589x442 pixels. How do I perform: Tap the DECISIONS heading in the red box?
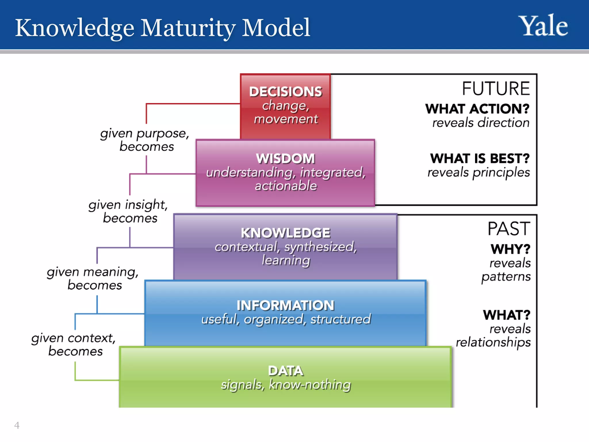pos(286,92)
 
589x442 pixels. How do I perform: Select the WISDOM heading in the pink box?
pos(286,159)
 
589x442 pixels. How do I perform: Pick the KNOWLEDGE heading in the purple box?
pos(286,233)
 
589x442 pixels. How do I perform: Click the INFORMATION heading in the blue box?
pos(286,305)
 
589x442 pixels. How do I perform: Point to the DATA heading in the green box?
pos(286,371)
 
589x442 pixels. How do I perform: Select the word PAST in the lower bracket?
pos(509,229)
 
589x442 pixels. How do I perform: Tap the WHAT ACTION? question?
pos(477,109)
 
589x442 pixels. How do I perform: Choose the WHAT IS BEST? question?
pos(480,159)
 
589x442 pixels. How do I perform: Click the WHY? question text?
pos(510,249)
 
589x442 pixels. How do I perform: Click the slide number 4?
pos(17,425)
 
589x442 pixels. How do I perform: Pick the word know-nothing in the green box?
pos(310,385)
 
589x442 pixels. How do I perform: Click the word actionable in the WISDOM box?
pos(286,186)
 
